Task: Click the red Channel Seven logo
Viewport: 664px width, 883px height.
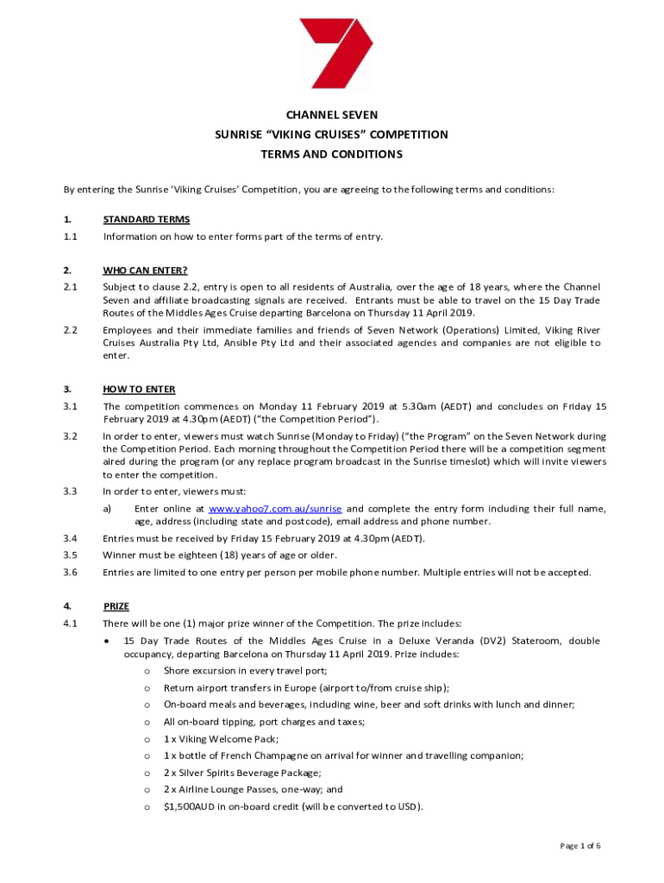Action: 335,53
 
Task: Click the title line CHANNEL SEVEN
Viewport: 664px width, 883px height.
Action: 332,114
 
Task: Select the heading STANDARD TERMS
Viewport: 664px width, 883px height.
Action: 146,219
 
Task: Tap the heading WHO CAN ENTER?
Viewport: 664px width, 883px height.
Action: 145,270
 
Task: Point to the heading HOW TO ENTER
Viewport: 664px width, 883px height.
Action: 139,389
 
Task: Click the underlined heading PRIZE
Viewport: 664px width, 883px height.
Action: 117,605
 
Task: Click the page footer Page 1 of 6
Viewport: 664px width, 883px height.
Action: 579,846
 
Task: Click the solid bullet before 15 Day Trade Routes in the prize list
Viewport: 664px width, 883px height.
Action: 105,641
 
